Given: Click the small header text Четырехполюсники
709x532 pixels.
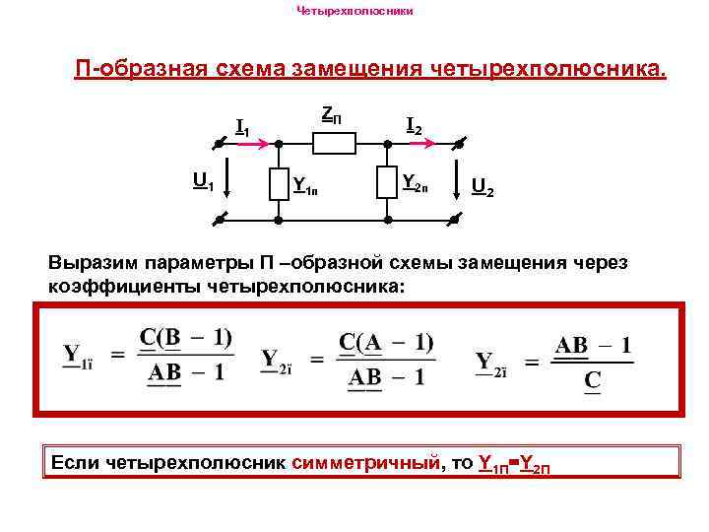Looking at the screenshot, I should point(354,12).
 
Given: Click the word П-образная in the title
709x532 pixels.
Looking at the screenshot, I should point(140,69).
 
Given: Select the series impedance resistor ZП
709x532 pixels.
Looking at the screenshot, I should point(334,144).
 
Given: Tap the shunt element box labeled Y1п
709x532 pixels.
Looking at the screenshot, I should point(280,183).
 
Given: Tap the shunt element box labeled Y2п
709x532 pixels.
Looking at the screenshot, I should point(388,183).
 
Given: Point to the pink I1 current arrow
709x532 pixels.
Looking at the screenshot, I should point(250,144).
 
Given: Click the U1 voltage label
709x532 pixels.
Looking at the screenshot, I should point(204,180).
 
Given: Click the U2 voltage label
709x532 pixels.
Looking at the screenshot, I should point(483,184).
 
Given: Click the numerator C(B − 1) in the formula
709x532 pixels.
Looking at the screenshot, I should point(185,338).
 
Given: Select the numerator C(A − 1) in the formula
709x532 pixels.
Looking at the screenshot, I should point(386,342).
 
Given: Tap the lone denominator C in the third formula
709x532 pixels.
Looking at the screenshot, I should point(593,378).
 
